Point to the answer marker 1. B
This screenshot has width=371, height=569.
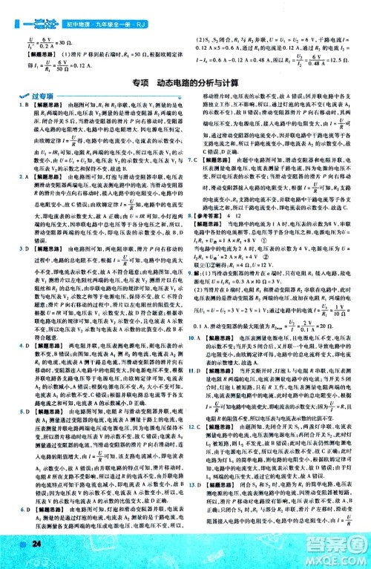click(x=22, y=108)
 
